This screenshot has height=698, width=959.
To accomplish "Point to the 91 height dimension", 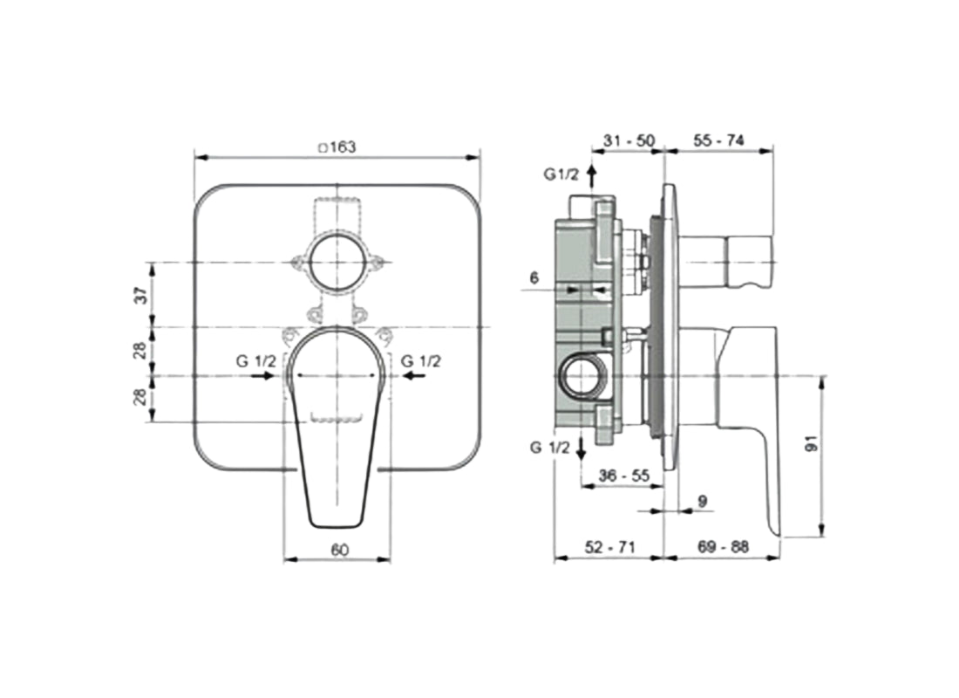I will [x=811, y=445].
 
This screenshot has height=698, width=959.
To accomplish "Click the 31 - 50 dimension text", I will [x=629, y=140].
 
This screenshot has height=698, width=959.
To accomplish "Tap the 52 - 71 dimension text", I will [x=609, y=547].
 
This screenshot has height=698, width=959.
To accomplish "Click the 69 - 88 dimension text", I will [x=723, y=547].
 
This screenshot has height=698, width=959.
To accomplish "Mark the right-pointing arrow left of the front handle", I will [x=261, y=376].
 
